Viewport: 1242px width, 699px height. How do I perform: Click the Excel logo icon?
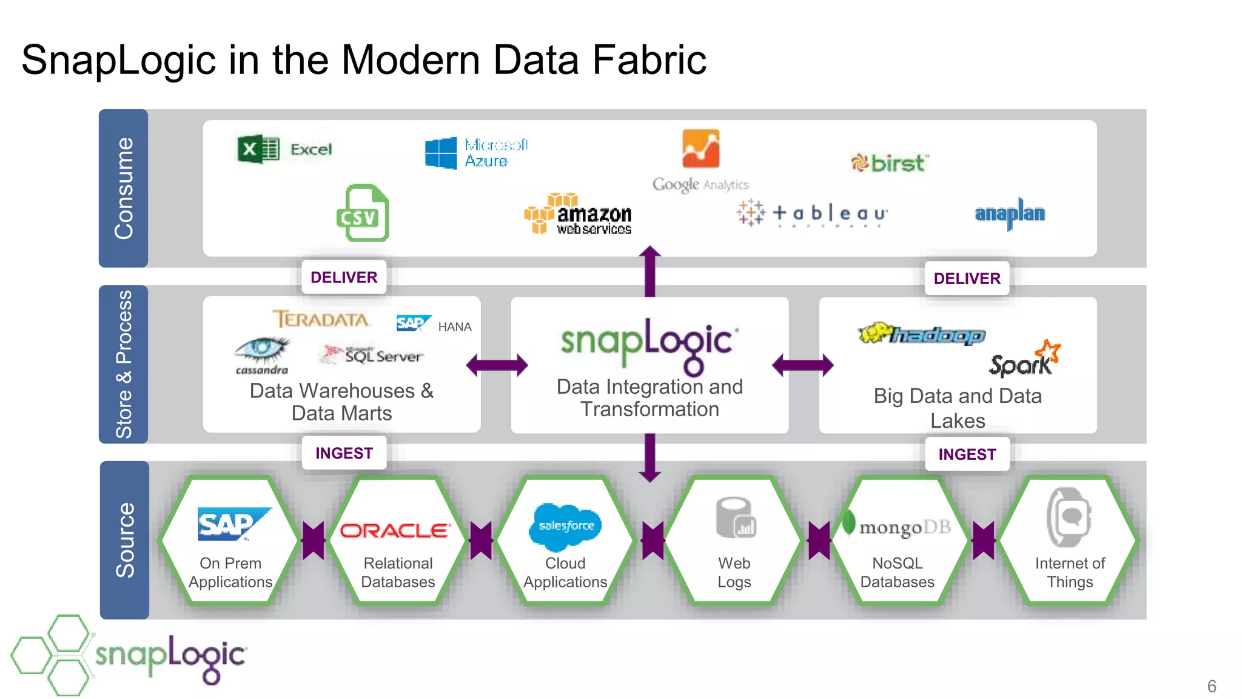click(x=258, y=149)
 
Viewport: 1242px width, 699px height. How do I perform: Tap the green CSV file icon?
click(x=363, y=214)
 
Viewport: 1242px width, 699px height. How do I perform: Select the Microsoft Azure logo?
click(x=476, y=153)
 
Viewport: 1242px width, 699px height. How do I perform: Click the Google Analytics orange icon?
click(x=700, y=149)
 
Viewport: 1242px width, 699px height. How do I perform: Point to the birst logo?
click(x=890, y=163)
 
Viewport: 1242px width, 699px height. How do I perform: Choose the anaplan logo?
click(x=1010, y=214)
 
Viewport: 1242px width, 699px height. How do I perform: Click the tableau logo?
click(x=813, y=214)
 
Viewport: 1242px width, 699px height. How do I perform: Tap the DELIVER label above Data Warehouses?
click(x=344, y=277)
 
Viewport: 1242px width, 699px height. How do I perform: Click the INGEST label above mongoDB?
click(x=967, y=454)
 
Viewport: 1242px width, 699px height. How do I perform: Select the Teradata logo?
click(x=320, y=319)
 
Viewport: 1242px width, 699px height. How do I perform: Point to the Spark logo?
click(x=1024, y=360)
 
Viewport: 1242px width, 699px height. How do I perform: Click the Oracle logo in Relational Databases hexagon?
click(x=395, y=531)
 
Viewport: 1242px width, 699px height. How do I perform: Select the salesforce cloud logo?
click(x=565, y=524)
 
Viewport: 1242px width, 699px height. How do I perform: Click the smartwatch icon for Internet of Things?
click(x=1069, y=517)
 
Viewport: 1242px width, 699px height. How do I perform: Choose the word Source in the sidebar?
click(x=125, y=540)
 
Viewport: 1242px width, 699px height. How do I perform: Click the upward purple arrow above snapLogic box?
click(x=650, y=270)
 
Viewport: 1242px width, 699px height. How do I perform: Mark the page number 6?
click(x=1211, y=686)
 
